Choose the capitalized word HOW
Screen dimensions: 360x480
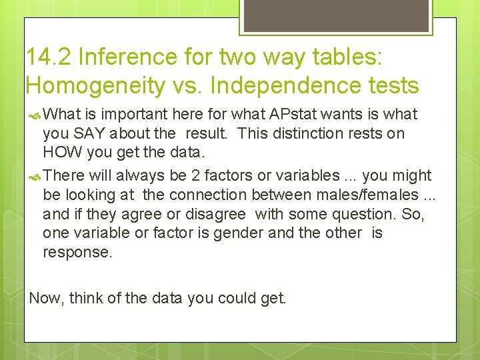pyautogui.click(x=61, y=153)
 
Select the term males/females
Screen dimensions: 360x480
pyautogui.click(x=363, y=195)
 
